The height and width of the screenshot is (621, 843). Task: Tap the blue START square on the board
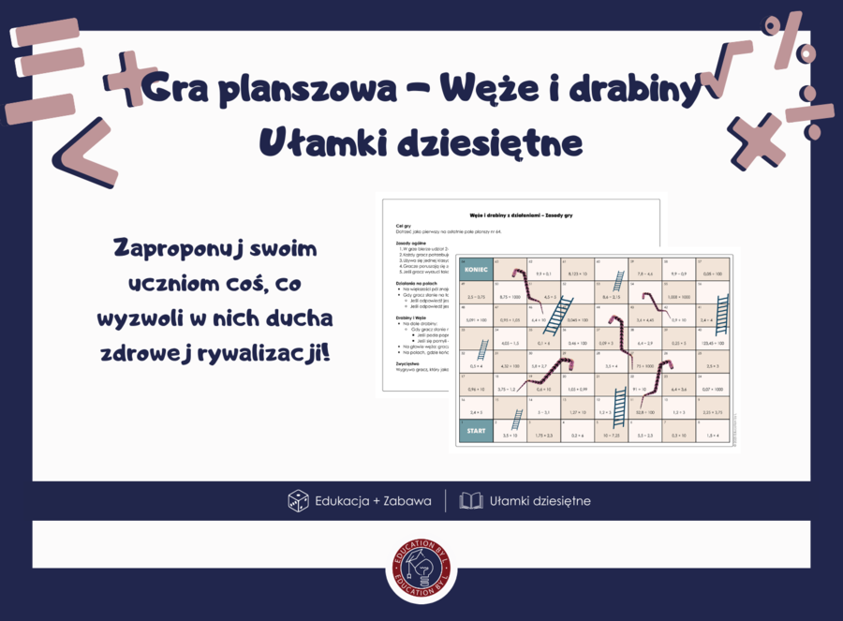pyautogui.click(x=476, y=430)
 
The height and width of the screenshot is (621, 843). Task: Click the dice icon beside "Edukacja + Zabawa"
pyautogui.click(x=298, y=501)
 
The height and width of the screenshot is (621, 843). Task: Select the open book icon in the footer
pyautogui.click(x=471, y=501)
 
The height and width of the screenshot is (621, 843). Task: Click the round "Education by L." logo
pyautogui.click(x=421, y=569)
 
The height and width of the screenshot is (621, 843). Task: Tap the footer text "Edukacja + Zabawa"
pyautogui.click(x=373, y=501)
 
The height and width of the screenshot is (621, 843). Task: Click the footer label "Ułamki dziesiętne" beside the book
pyautogui.click(x=540, y=501)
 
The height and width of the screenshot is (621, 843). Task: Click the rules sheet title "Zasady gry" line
pyautogui.click(x=520, y=215)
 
